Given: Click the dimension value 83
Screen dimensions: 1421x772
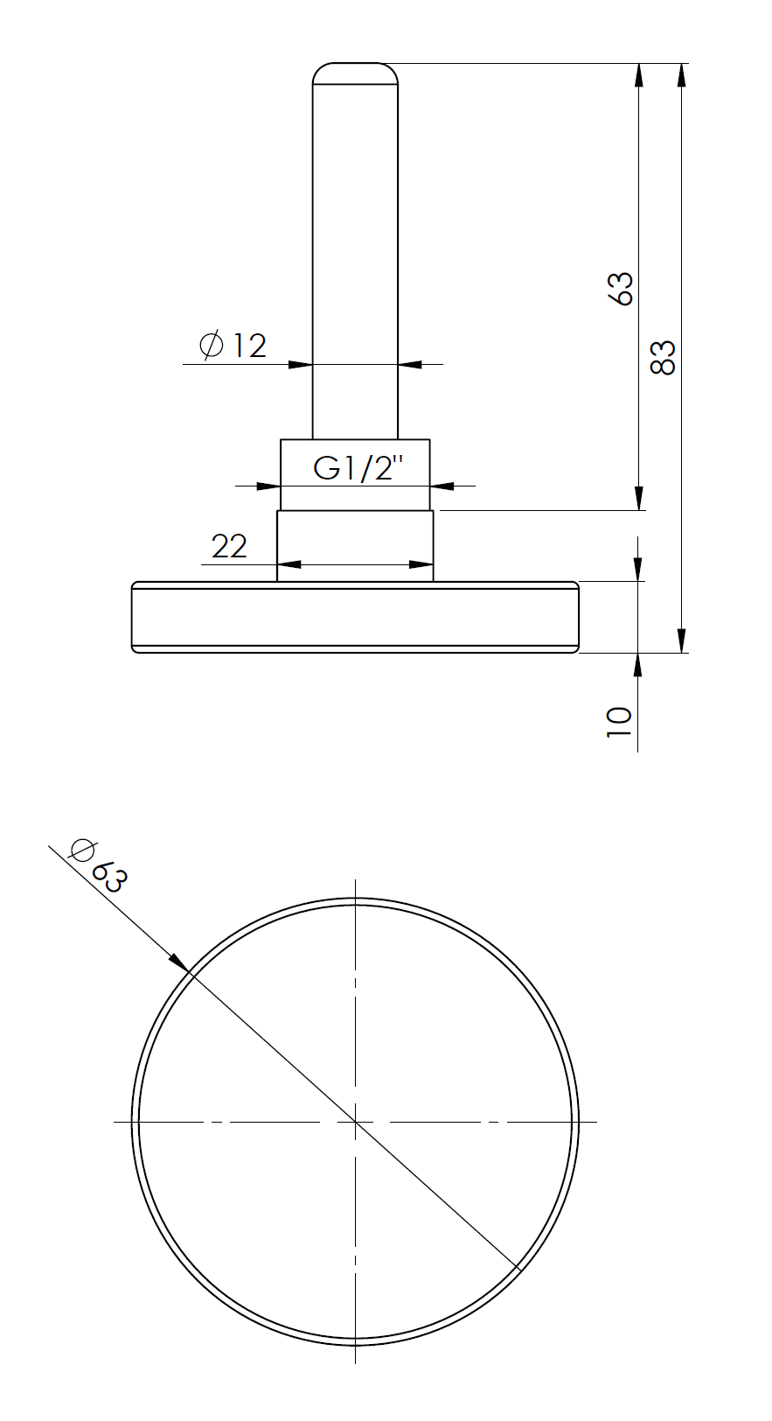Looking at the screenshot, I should pyautogui.click(x=664, y=357).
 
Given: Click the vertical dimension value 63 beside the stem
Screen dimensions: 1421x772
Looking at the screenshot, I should pyautogui.click(x=620, y=288).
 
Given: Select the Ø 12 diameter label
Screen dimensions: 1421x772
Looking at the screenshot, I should pyautogui.click(x=233, y=346).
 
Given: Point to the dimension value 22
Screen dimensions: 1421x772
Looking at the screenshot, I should pyautogui.click(x=229, y=547).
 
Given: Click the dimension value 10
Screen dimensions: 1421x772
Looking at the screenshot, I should pyautogui.click(x=619, y=722).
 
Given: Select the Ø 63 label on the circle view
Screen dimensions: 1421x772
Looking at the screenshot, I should pyautogui.click(x=99, y=865).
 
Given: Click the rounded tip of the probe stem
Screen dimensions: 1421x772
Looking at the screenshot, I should pyautogui.click(x=355, y=71).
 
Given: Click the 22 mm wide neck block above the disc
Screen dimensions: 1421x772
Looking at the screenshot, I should pyautogui.click(x=355, y=544).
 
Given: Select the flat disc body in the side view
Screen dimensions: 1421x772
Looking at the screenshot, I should pyautogui.click(x=355, y=617).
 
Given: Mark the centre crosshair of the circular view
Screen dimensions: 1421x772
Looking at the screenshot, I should pyautogui.click(x=355, y=1121).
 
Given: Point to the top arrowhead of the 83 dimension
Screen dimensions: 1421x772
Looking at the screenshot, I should pyautogui.click(x=681, y=73).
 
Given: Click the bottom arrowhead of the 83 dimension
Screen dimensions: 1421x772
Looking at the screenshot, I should pyautogui.click(x=681, y=642).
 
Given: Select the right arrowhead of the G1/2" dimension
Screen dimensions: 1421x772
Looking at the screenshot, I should pyautogui.click(x=442, y=486).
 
